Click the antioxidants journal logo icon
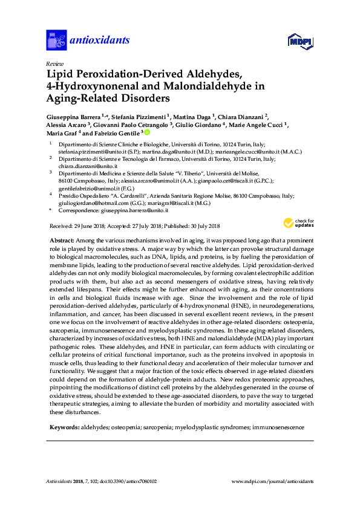[x=56, y=41]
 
